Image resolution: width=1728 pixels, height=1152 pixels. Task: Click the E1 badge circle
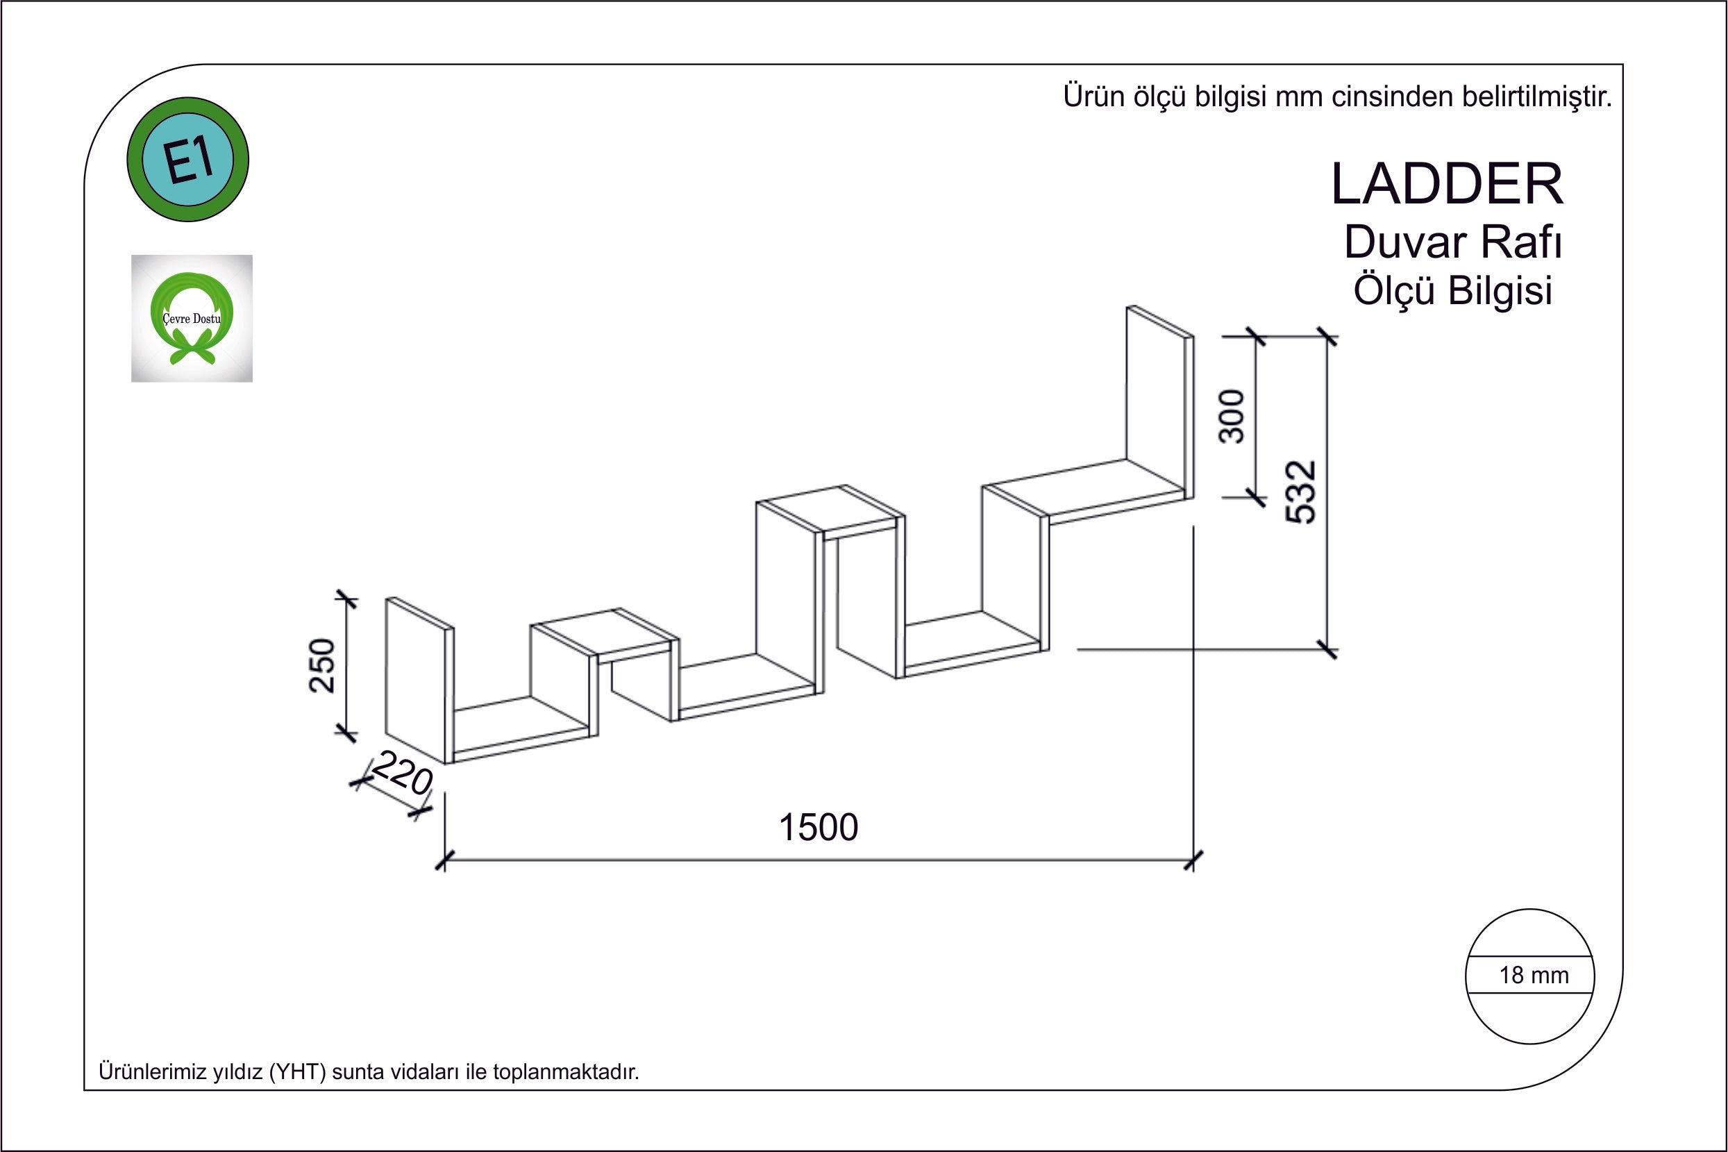[x=188, y=160]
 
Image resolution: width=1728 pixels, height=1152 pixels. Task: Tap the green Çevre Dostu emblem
[x=192, y=318]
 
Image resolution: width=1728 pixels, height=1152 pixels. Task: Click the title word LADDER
[x=1447, y=185]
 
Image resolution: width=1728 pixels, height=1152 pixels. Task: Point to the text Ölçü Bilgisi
[x=1452, y=290]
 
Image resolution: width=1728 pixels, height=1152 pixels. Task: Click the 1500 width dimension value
[x=817, y=828]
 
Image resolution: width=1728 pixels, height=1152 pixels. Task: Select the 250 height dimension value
[x=322, y=665]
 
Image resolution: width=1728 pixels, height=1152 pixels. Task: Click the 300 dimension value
[x=1232, y=416]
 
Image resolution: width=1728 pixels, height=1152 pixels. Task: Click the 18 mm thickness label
[x=1534, y=976]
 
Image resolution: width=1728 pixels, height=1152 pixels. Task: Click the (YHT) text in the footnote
[x=297, y=1072]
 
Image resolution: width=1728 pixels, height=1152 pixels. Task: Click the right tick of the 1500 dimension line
[x=1193, y=860]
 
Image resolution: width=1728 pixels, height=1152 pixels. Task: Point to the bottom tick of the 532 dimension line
[x=1326, y=649]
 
